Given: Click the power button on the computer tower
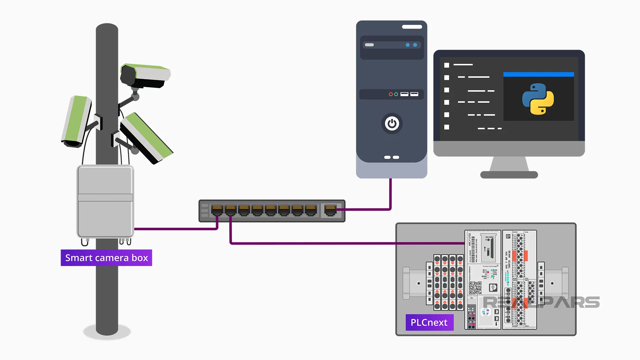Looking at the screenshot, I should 392,124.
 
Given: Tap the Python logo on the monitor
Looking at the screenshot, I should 538,99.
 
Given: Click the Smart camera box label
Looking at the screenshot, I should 106,258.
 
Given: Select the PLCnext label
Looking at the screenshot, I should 429,322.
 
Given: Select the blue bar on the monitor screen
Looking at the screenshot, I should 538,74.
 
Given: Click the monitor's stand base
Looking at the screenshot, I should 509,175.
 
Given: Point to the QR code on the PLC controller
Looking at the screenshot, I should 475,287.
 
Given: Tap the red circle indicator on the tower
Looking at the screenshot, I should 391,94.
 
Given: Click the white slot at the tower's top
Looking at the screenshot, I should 412,27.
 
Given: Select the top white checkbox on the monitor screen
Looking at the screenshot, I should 447,65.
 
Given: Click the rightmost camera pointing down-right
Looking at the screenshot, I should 147,139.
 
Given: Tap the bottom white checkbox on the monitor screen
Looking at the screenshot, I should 447,127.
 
